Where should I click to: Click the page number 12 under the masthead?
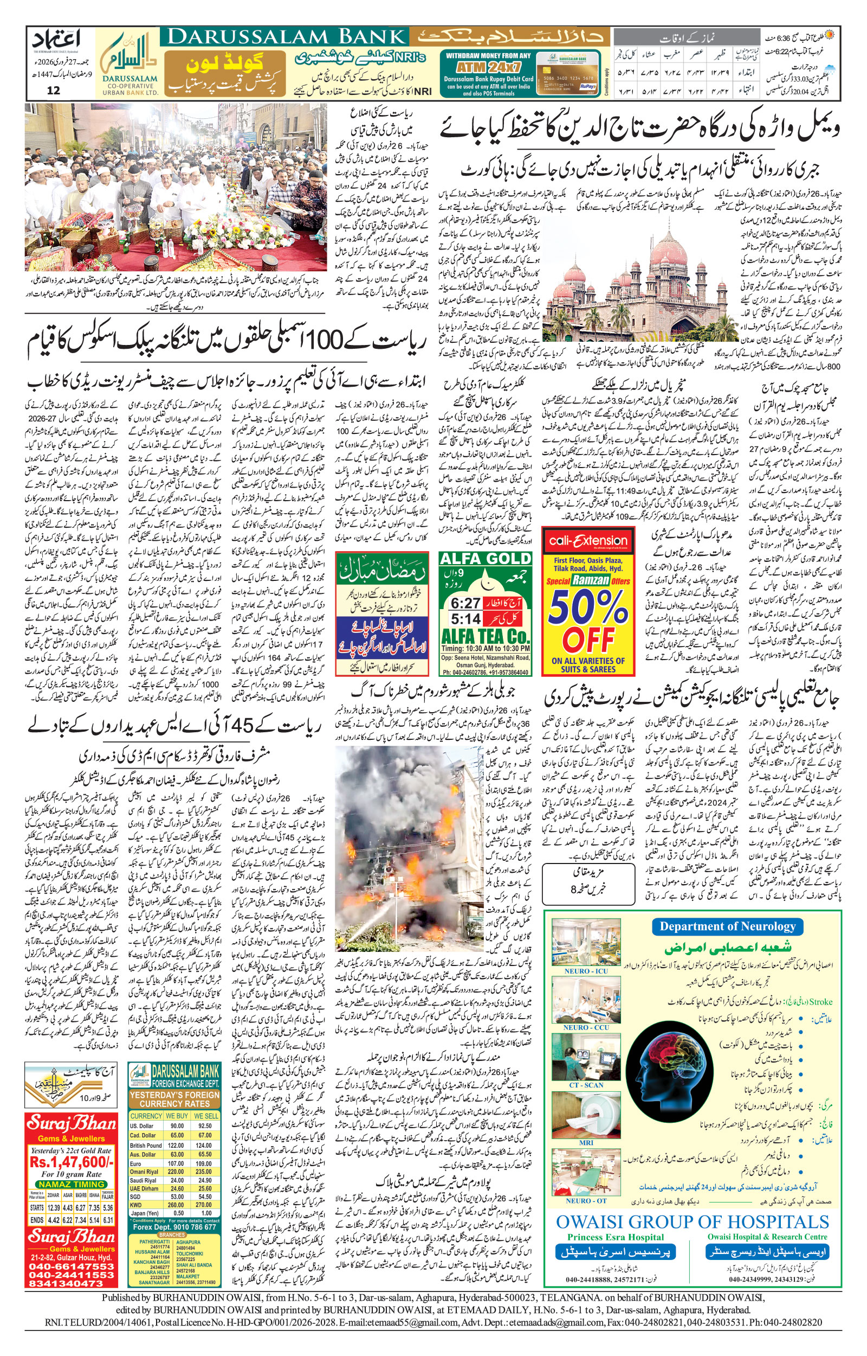(x=54, y=91)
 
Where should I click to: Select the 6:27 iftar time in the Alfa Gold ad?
(x=465, y=603)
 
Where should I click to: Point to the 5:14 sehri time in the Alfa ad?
(x=465, y=619)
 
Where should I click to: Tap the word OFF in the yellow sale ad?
(x=588, y=639)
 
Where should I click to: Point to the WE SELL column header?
(x=205, y=1116)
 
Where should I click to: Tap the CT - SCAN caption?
(x=586, y=1084)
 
